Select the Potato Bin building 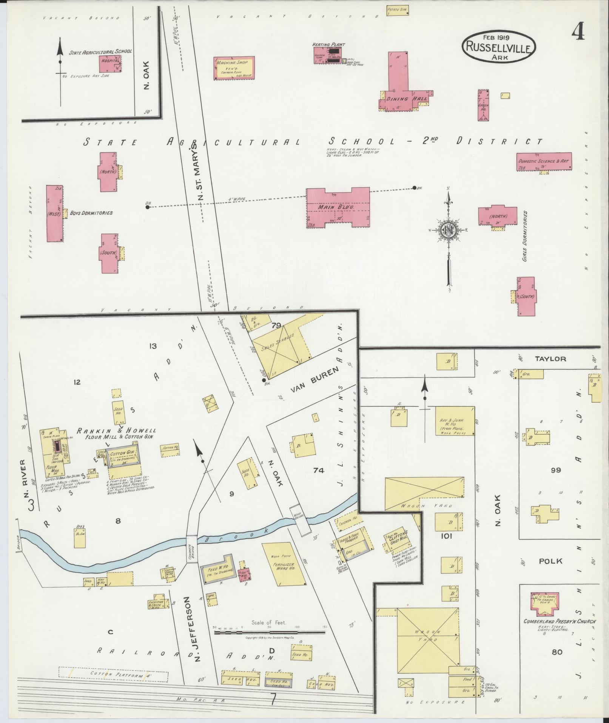click(398, 10)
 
